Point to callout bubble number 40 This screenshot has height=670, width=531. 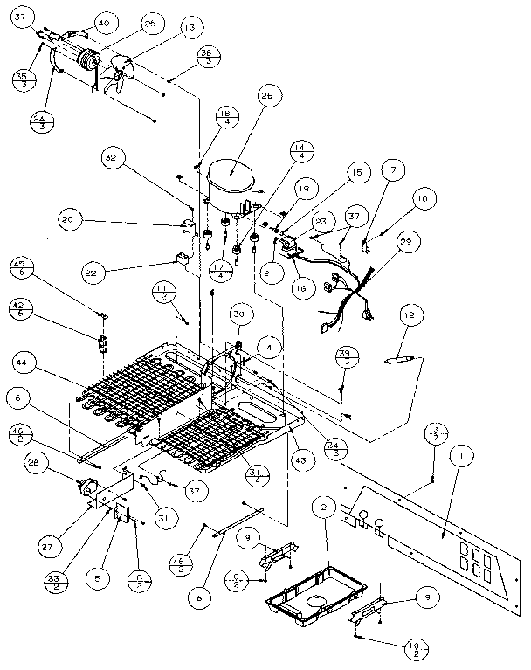[104, 22]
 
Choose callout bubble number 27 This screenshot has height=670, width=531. [45, 546]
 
